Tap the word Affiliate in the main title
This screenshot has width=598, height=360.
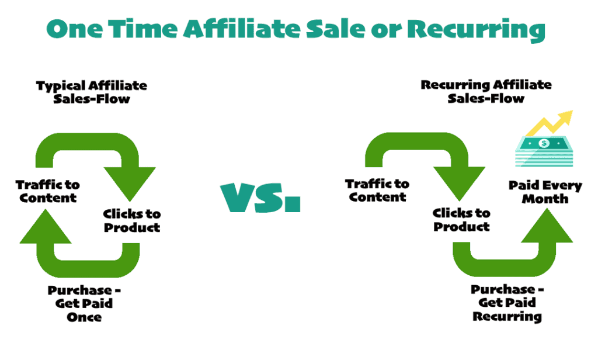pos(249,29)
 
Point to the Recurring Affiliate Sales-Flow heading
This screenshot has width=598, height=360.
pos(486,91)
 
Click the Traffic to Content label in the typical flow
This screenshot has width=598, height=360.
pos(48,191)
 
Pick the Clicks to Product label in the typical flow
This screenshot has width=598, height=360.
pos(132,220)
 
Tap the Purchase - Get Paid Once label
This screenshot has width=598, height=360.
pos(84,304)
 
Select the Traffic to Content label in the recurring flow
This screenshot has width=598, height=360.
pos(377,190)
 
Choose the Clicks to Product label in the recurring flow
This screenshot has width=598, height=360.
pos(461,219)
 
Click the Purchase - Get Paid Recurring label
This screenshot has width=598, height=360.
pos(507,303)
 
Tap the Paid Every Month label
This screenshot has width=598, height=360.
pos(545,192)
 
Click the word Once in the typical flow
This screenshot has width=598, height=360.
pos(84,317)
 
